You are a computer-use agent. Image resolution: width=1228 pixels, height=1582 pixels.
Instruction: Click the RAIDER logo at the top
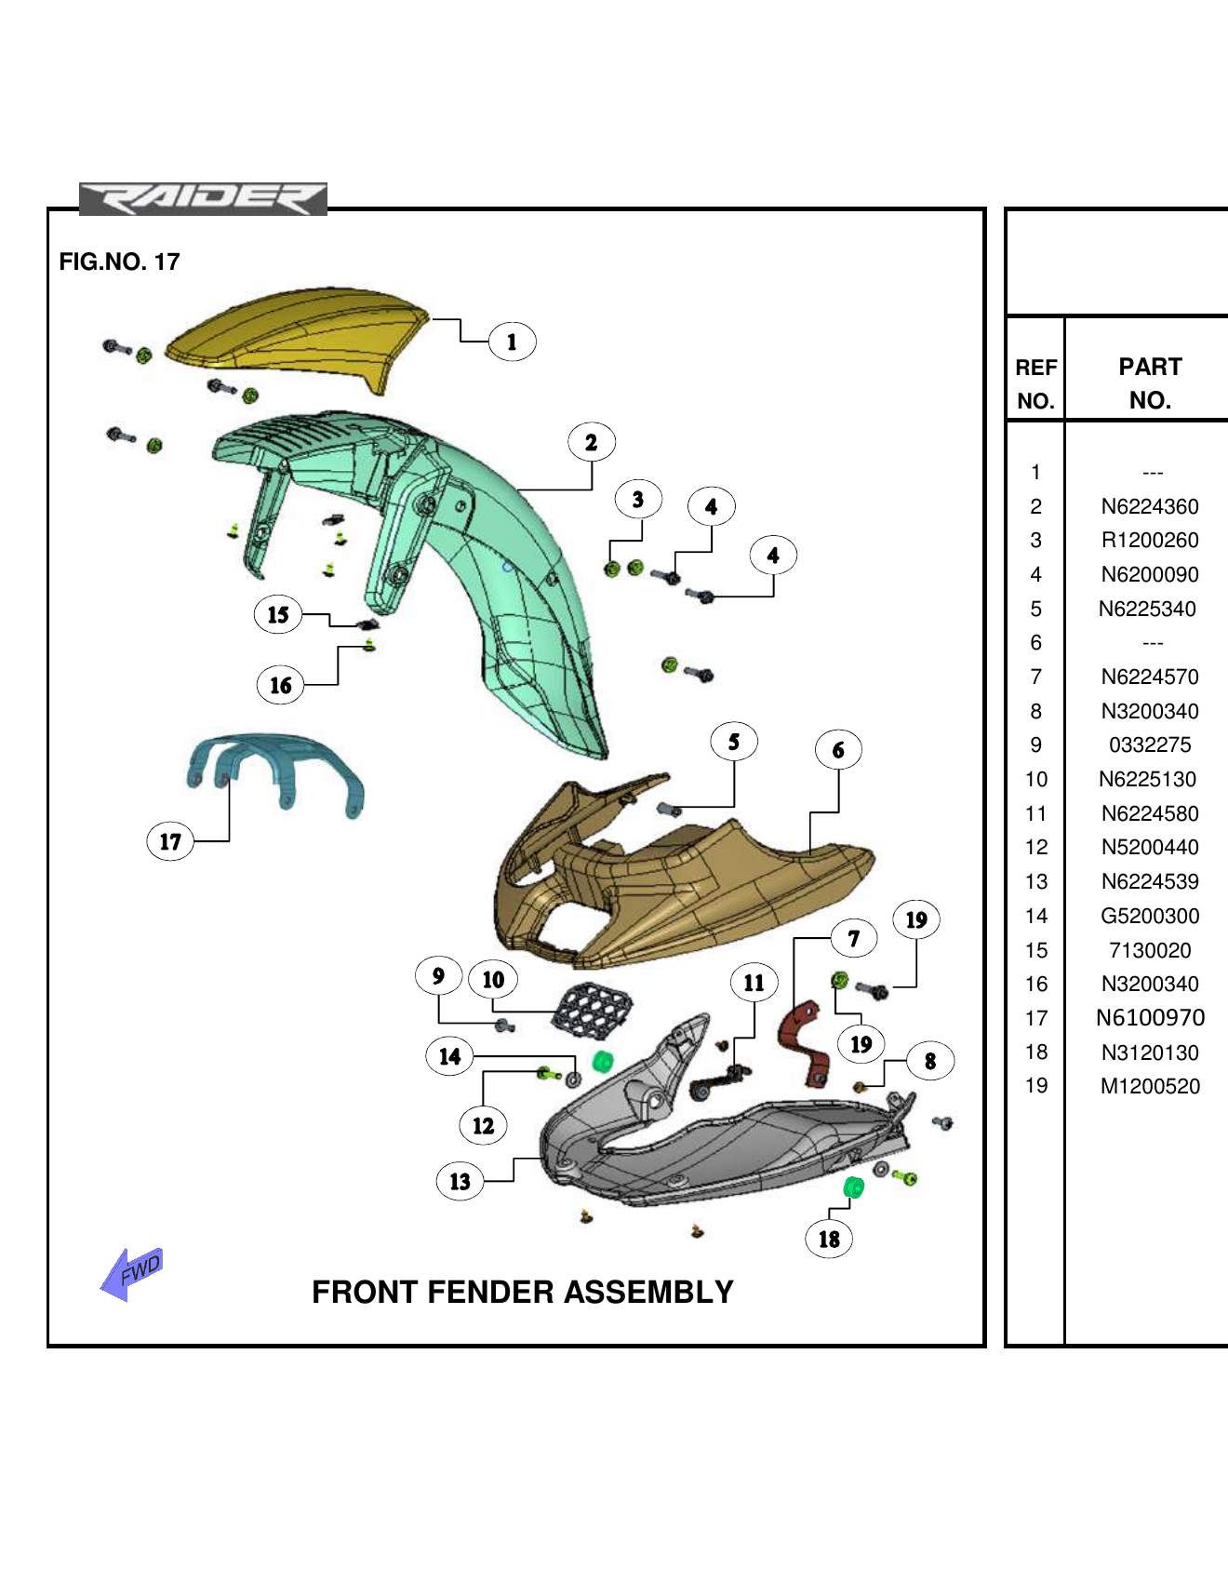(x=203, y=199)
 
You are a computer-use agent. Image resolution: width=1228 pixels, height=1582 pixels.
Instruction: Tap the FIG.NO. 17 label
(x=119, y=261)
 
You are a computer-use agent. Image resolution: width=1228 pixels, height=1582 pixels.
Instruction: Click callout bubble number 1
(x=512, y=342)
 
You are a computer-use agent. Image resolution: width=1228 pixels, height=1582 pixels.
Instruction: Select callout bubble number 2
(x=592, y=442)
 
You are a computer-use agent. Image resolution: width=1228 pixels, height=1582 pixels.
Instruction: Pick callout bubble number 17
(x=170, y=841)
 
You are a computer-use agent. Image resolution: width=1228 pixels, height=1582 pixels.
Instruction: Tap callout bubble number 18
(x=829, y=1239)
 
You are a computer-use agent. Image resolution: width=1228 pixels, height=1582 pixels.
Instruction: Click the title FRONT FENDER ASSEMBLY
(x=522, y=1292)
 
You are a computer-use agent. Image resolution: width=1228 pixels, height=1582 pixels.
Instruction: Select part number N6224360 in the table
(x=1150, y=506)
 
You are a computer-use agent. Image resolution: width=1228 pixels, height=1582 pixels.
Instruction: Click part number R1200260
(x=1150, y=540)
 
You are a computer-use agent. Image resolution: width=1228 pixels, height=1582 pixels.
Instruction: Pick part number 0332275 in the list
(x=1150, y=744)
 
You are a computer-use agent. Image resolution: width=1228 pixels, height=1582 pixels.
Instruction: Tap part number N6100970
(x=1150, y=1017)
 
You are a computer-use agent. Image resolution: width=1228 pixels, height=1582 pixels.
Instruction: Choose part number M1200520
(x=1150, y=1086)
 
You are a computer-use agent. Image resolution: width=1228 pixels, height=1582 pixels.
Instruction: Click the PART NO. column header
(x=1150, y=382)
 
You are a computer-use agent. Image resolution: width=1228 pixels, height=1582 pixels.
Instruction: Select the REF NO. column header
(x=1035, y=383)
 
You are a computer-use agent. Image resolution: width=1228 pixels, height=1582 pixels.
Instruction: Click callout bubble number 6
(x=838, y=750)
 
